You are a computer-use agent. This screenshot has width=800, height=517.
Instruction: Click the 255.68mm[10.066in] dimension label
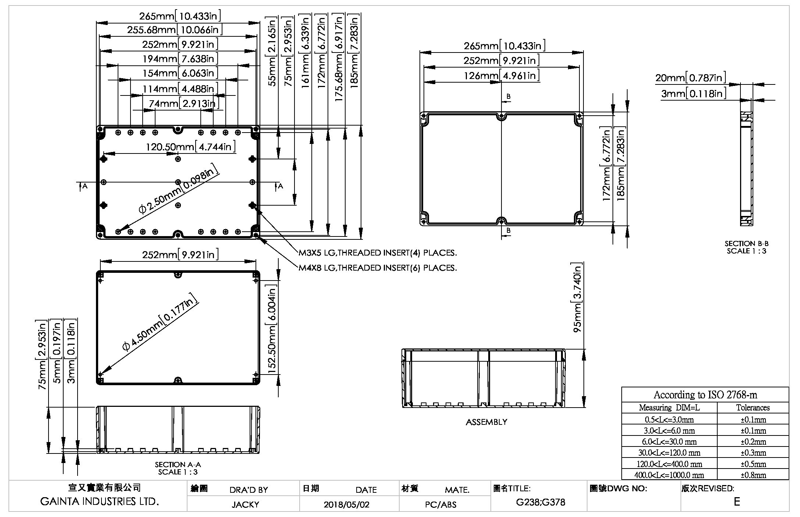[x=175, y=30]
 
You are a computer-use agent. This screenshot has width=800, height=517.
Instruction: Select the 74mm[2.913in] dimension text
[x=184, y=104]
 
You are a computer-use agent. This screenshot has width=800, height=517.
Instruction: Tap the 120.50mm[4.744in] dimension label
[x=191, y=147]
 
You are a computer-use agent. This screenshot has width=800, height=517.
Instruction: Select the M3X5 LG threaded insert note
[x=378, y=253]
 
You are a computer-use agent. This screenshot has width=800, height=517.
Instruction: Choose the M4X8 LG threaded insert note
[x=378, y=268]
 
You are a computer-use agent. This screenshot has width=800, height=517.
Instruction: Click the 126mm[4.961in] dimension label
[x=502, y=76]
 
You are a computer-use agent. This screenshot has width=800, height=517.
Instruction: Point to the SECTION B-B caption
[x=746, y=243]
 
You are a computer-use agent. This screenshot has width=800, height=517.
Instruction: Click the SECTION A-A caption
[x=178, y=464]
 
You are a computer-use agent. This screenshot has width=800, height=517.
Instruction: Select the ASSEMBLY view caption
[x=486, y=422]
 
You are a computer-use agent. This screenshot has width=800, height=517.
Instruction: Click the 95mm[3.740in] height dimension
[x=578, y=298]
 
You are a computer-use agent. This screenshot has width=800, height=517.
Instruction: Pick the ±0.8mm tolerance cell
[x=753, y=475]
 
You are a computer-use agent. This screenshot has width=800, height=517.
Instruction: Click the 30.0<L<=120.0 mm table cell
[x=669, y=453]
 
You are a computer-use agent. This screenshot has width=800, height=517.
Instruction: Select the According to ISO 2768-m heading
[x=705, y=395]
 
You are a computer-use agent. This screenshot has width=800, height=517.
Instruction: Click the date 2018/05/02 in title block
[x=346, y=504]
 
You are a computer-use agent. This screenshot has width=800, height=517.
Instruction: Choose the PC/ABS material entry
[x=440, y=505]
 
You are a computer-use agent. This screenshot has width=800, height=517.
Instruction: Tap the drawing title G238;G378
[x=540, y=502]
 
